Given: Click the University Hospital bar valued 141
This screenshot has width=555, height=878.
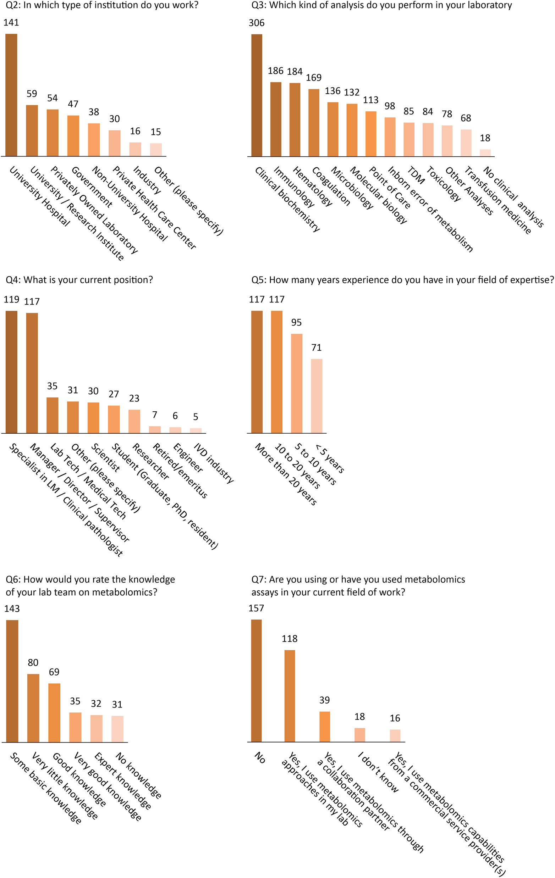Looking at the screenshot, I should click(x=11, y=95).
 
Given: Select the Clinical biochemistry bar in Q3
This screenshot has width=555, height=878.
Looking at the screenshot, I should click(x=257, y=95).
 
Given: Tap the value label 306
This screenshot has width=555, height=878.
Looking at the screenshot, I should click(x=257, y=23).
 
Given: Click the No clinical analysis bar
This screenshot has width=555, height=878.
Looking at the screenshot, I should click(x=485, y=153).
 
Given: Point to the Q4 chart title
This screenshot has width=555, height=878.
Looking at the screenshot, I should click(x=79, y=280).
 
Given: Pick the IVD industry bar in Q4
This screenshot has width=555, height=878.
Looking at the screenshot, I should click(x=196, y=430).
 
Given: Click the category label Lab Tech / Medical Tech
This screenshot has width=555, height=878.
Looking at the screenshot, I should click(x=88, y=481).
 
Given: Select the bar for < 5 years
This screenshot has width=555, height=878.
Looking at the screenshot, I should click(x=317, y=396).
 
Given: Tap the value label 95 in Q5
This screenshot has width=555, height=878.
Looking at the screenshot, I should click(x=296, y=322).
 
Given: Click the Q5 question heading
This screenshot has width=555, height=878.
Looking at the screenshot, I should click(x=402, y=280).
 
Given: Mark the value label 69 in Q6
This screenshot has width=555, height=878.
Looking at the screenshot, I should click(x=54, y=672).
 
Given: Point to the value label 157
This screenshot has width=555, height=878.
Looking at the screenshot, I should click(x=256, y=608).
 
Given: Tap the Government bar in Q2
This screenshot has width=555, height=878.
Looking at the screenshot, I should click(x=73, y=136).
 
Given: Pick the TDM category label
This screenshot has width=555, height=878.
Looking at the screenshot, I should click(x=416, y=176).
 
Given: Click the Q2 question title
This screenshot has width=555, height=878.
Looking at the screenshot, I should click(x=102, y=5).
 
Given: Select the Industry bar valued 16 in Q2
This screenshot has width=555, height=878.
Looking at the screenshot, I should click(x=135, y=149).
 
